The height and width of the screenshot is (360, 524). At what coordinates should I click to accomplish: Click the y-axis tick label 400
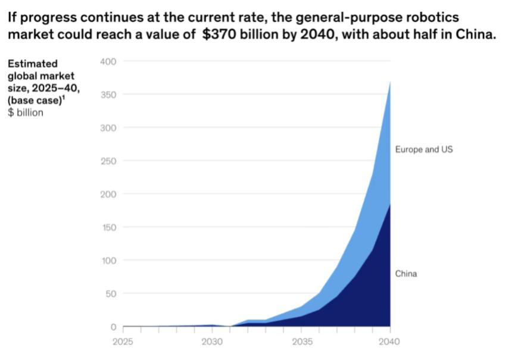coord(110,61)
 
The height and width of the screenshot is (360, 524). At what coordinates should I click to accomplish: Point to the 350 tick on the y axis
coord(110,95)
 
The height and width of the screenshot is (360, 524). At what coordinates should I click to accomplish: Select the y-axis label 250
coord(110,161)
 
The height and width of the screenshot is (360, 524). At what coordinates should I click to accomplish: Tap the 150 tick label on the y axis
coord(110,227)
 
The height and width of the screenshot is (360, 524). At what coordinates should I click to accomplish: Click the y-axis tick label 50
coord(112,293)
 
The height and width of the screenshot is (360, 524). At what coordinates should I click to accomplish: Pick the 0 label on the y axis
coord(114,327)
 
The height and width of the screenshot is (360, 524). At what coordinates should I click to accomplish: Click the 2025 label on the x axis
coord(123,342)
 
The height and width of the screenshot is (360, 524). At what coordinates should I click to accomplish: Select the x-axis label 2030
coord(212,342)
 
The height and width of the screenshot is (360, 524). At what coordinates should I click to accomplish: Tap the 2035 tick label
coord(302,342)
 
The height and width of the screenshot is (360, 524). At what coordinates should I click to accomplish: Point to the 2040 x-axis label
coord(389,342)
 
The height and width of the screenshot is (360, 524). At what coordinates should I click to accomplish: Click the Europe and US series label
coord(423,149)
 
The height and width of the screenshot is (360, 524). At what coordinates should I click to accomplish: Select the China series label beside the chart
coord(406,274)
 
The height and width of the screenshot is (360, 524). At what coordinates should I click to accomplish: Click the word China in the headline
coord(475,34)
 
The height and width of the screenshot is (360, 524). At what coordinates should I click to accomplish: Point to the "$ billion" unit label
coord(26,112)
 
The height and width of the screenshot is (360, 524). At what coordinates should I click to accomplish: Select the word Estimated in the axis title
coord(33,64)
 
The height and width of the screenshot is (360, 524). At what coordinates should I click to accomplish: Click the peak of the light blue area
coord(390,82)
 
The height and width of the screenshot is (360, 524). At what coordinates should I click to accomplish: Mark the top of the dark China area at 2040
coord(390,204)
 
